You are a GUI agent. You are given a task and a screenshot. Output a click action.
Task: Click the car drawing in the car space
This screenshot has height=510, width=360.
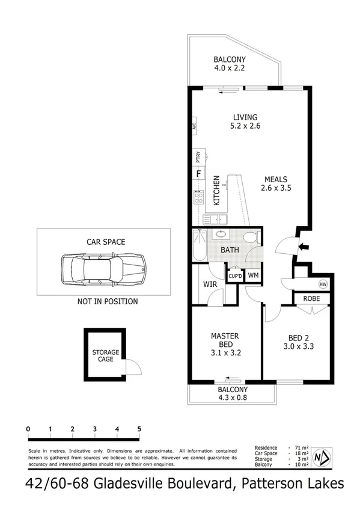(x=103, y=269)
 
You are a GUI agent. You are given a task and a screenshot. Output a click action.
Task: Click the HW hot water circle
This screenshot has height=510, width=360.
(x=323, y=284)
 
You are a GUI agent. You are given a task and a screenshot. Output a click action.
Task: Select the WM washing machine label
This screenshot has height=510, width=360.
(x=252, y=275)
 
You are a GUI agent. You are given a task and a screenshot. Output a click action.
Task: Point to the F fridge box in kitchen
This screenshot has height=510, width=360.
(x=198, y=174)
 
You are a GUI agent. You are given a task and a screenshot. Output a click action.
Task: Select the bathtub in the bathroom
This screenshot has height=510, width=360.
(x=200, y=247)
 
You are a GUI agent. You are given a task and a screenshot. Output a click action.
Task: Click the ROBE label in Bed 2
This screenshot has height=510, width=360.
(x=311, y=298)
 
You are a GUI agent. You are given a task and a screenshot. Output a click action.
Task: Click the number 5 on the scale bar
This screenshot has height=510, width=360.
(x=139, y=429)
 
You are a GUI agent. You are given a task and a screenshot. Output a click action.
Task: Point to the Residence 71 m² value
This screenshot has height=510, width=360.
(x=301, y=448)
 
